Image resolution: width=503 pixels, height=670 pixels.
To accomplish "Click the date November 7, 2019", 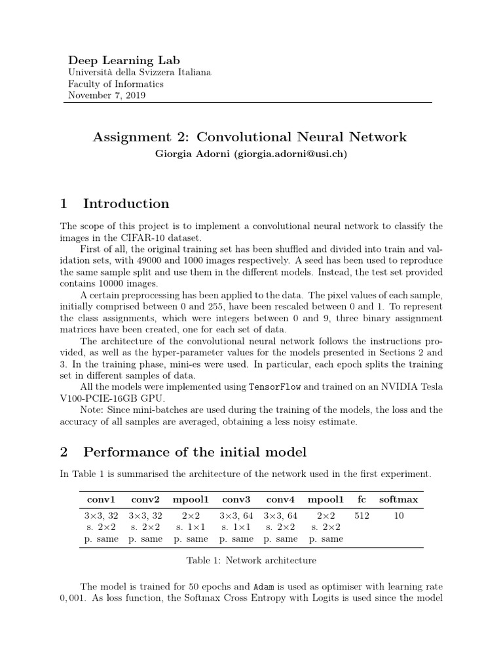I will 107,96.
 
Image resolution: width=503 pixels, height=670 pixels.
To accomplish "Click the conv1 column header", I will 101,500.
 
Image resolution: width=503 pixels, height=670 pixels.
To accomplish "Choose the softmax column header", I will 398,500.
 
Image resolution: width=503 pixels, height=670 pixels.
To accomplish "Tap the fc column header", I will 362,500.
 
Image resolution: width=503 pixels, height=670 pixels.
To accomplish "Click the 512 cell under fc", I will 362,516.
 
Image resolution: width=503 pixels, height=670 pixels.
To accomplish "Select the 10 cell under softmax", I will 399,516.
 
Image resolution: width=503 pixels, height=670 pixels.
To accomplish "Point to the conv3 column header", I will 236,500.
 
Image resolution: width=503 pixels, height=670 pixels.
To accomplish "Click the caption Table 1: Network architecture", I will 251,560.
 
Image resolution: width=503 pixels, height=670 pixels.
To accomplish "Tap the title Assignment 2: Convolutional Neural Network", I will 250,137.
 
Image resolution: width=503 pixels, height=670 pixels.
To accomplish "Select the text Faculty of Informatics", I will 116,84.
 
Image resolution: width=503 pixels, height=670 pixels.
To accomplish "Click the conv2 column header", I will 146,500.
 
